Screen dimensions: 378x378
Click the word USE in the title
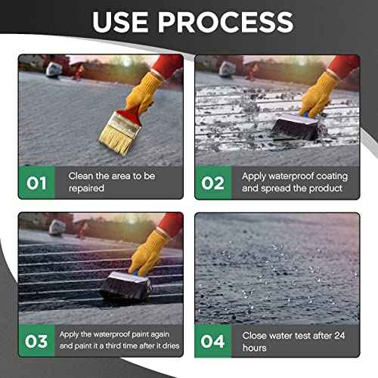point(120,22)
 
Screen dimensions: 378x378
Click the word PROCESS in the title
point(225,22)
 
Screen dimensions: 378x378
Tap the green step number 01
point(36,183)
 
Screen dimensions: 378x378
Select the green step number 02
point(212,183)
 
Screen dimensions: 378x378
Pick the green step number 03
point(36,342)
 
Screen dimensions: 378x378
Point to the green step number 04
point(212,342)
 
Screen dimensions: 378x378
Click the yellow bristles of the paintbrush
point(116,141)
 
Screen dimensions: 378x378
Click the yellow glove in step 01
point(143,92)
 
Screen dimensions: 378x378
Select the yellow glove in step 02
point(318,95)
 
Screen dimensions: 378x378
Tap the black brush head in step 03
point(126,286)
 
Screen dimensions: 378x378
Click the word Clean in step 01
point(81,176)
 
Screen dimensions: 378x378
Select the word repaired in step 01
point(86,188)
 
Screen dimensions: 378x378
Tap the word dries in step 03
point(171,345)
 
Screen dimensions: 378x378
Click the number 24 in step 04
point(339,336)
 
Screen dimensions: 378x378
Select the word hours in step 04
point(255,348)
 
